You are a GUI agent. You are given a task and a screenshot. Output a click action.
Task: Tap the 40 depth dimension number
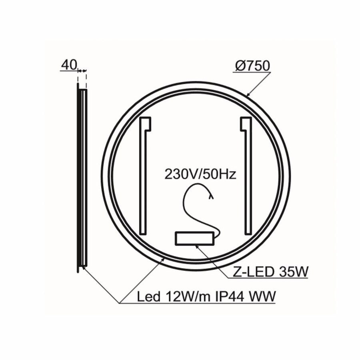pyautogui.click(x=68, y=64)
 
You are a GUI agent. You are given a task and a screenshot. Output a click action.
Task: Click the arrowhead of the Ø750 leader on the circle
pyautogui.click(x=249, y=95)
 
